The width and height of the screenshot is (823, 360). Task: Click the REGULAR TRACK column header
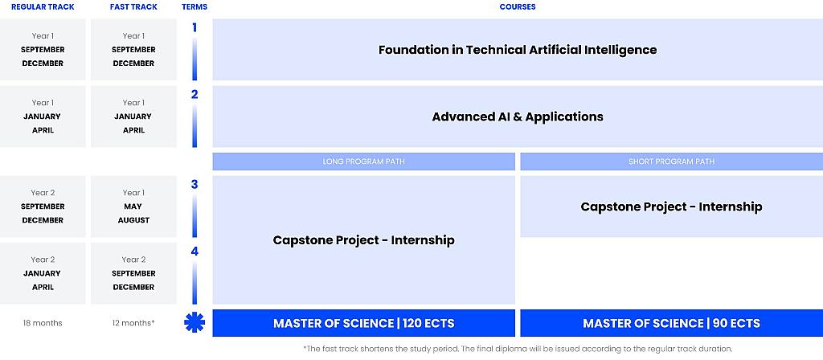click(43, 7)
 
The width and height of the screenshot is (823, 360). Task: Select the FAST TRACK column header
click(133, 7)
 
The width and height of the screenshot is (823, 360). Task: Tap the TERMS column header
click(194, 7)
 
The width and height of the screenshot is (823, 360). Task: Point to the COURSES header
click(518, 7)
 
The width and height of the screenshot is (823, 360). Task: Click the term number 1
click(194, 27)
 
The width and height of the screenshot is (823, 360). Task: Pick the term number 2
click(194, 95)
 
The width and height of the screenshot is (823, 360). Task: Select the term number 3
click(194, 184)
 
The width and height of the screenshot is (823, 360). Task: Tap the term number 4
click(194, 252)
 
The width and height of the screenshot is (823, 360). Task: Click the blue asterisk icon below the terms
click(194, 322)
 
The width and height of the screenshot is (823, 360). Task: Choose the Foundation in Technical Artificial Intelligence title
click(518, 50)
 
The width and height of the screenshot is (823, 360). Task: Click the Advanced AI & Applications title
click(518, 117)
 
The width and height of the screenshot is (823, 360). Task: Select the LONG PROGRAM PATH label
click(364, 162)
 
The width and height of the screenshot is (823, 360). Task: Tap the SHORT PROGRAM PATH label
click(671, 162)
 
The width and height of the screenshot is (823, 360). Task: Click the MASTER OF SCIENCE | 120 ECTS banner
click(364, 323)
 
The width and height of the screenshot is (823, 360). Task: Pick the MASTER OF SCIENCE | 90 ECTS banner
click(671, 323)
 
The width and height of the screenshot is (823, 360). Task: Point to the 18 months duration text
click(43, 323)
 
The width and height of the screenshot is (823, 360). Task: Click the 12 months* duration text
click(133, 323)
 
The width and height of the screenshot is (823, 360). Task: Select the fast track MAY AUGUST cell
click(133, 207)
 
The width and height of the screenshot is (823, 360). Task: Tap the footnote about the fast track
click(518, 349)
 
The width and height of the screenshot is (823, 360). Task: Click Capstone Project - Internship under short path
click(671, 207)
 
